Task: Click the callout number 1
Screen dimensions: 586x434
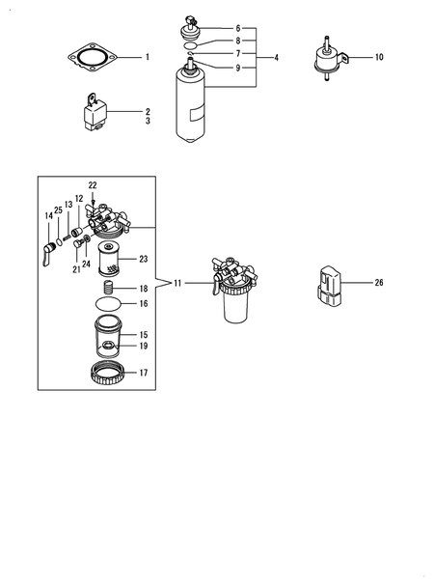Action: (x=148, y=58)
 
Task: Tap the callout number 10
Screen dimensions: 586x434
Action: (x=379, y=58)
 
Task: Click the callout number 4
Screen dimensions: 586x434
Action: (x=276, y=58)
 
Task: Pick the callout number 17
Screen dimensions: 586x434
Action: (x=143, y=372)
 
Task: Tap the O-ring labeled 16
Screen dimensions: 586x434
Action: (x=110, y=303)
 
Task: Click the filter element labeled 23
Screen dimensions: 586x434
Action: (x=112, y=260)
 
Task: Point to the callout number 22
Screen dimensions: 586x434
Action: (x=93, y=184)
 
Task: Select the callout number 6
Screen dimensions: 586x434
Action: (x=239, y=29)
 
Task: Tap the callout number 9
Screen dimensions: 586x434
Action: (x=239, y=69)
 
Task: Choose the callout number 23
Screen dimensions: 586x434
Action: (x=143, y=259)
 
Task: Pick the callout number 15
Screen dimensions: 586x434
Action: (x=143, y=333)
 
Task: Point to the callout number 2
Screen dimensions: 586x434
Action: (x=148, y=111)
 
